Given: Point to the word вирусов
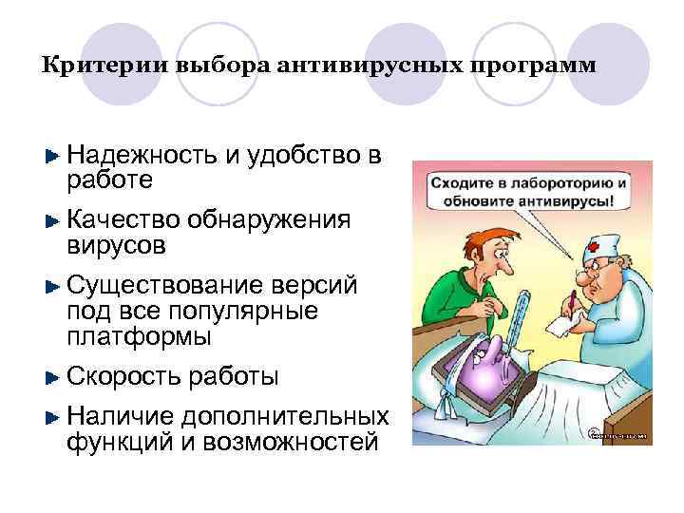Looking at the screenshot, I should click(116, 245).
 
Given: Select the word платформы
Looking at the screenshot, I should click(140, 336).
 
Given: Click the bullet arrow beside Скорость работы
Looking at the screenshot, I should click(53, 377).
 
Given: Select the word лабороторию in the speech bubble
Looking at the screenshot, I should click(556, 180).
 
